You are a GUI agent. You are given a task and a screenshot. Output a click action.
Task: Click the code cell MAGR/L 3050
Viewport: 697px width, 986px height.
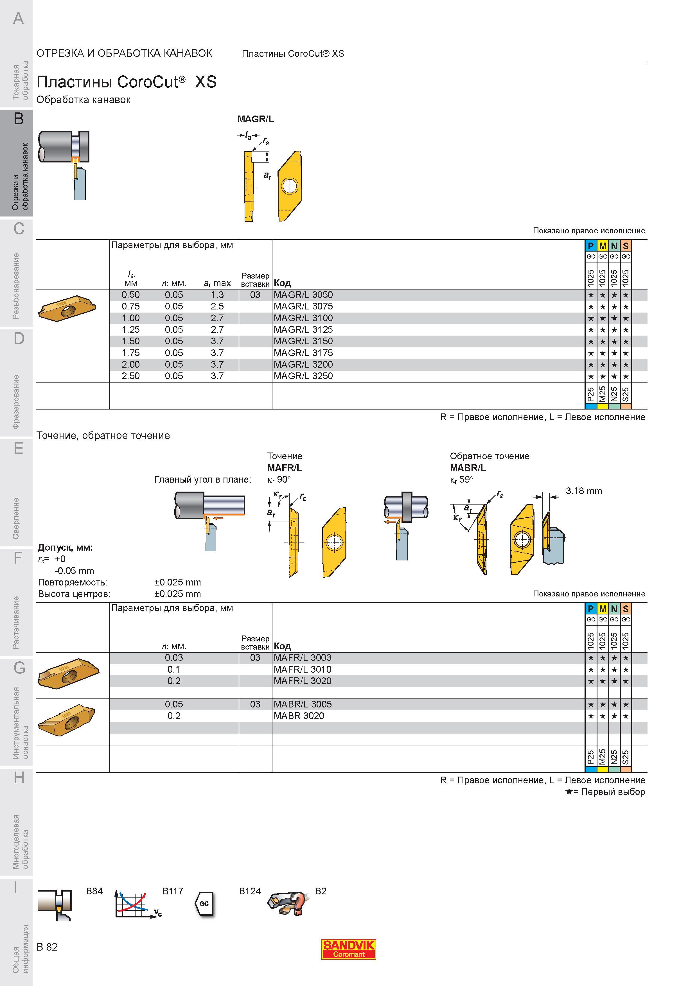(303, 295)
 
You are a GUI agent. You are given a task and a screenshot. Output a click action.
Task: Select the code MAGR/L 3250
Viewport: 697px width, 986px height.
(303, 376)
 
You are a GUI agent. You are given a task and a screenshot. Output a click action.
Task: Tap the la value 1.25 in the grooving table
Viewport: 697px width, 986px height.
(130, 329)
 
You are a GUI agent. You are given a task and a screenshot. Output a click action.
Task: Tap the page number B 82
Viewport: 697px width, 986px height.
(47, 947)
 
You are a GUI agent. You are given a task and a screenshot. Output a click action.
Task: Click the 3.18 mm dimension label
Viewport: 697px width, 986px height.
(584, 491)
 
